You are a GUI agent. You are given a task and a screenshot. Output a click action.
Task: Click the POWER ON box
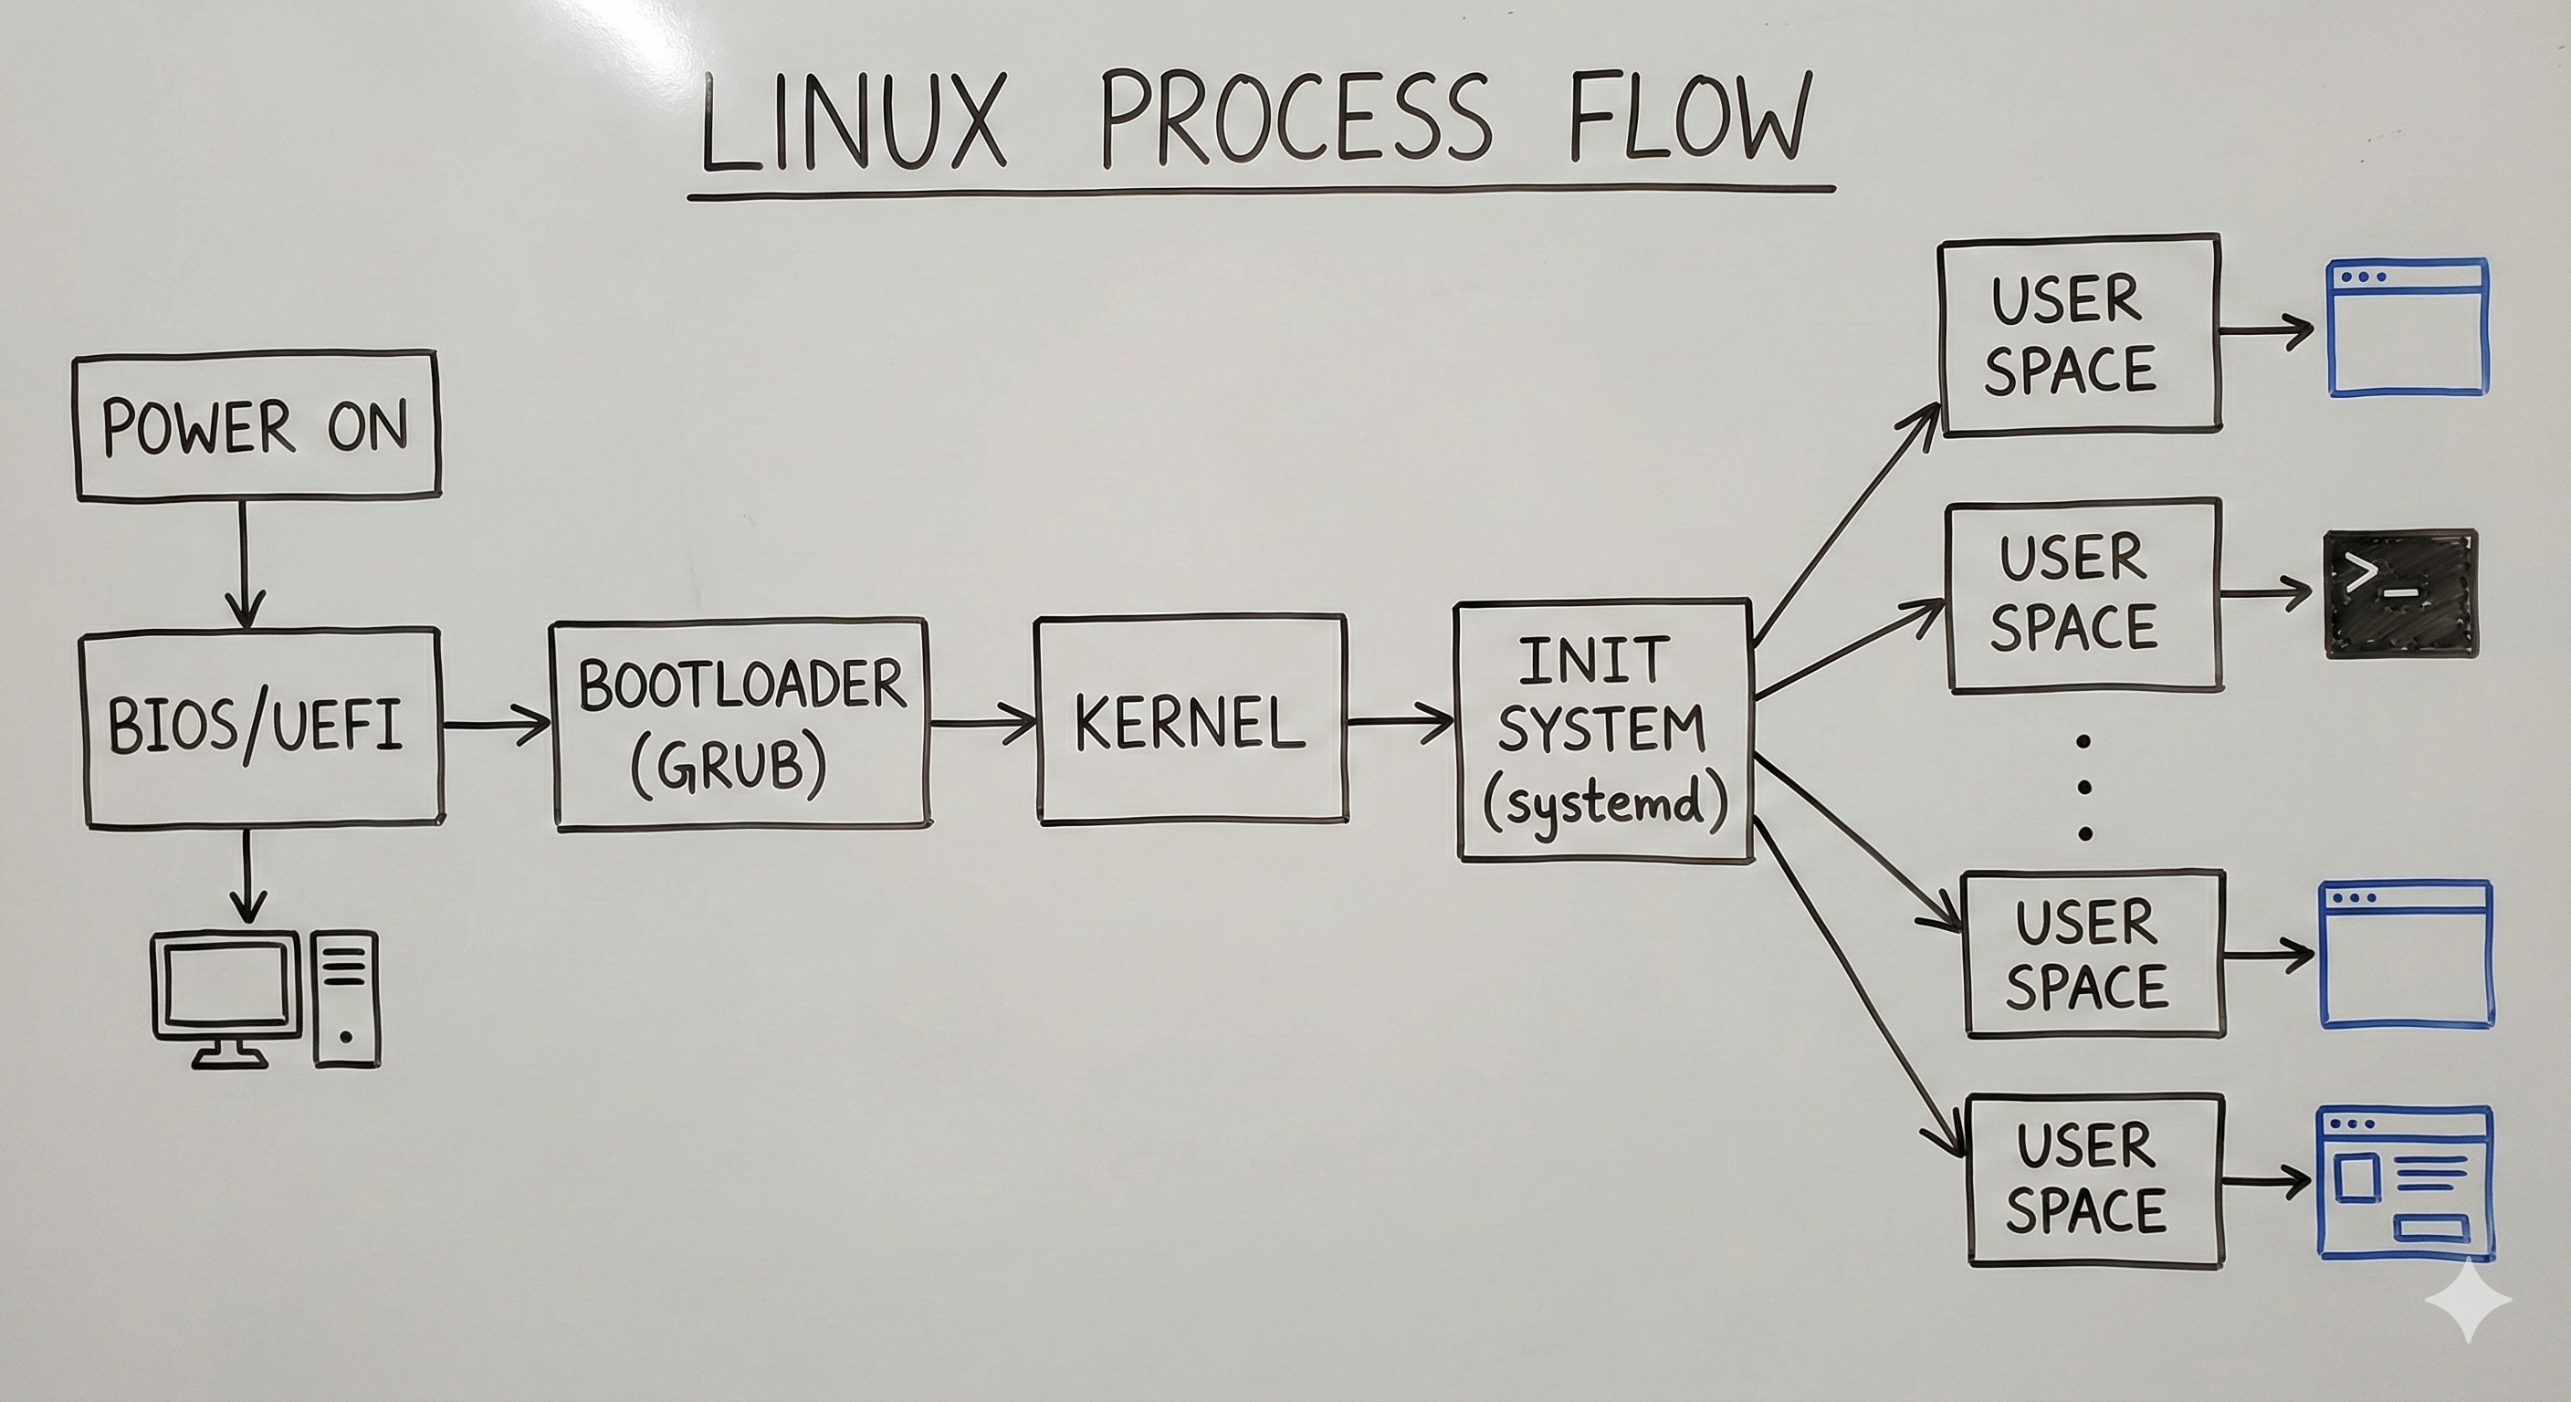(x=257, y=425)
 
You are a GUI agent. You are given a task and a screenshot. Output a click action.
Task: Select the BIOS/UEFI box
(x=260, y=727)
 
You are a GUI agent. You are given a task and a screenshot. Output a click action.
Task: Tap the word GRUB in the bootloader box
(x=729, y=767)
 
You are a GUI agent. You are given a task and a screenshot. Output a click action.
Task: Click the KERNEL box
(x=1191, y=720)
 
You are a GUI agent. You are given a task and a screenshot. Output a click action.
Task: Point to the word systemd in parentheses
(x=1604, y=804)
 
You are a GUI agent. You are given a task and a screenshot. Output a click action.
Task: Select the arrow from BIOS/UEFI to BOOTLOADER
(x=496, y=724)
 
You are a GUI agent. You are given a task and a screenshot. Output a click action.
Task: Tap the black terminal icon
(x=2399, y=593)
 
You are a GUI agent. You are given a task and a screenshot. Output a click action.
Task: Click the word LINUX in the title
(x=854, y=121)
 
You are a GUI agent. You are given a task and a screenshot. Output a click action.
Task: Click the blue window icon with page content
(x=2403, y=1184)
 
